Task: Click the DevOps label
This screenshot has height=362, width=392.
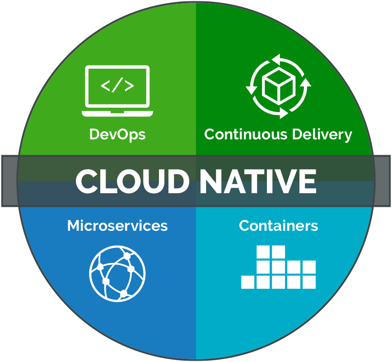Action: [117, 134]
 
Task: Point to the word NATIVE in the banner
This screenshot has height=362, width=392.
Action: [258, 181]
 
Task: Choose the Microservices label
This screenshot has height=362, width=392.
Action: [117, 225]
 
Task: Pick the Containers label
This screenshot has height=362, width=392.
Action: [278, 225]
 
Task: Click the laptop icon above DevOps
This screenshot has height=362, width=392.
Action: [117, 90]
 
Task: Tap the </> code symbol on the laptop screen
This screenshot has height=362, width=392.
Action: [117, 86]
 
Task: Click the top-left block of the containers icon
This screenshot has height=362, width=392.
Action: [263, 252]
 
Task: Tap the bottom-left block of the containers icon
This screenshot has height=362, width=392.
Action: [248, 282]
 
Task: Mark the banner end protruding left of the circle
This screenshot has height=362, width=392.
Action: [9, 181]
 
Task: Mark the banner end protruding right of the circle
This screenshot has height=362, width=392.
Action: [383, 181]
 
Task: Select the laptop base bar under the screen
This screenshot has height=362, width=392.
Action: [117, 113]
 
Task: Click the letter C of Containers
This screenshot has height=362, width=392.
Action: [244, 225]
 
